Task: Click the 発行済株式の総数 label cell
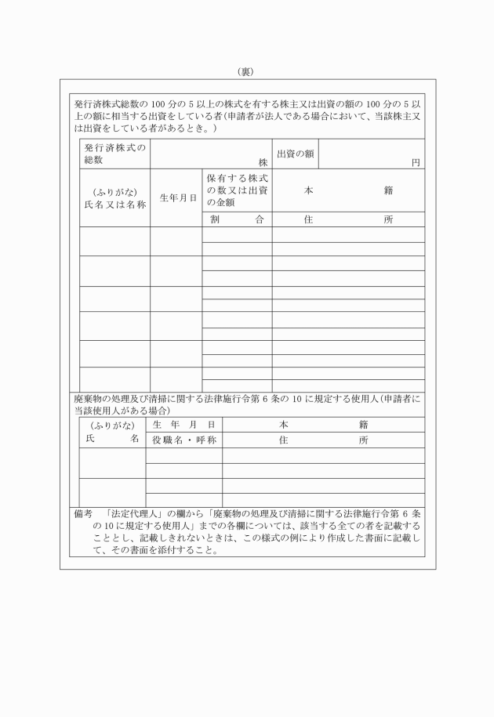(x=114, y=154)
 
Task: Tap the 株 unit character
(x=263, y=163)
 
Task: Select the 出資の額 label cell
(x=296, y=154)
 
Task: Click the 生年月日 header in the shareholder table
(x=176, y=197)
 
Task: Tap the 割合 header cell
(x=237, y=220)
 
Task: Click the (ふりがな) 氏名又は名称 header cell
(x=114, y=197)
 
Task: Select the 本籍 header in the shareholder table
(x=348, y=190)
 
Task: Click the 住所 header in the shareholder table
(x=348, y=220)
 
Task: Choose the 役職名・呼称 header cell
(x=183, y=440)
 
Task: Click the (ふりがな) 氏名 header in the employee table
(x=112, y=433)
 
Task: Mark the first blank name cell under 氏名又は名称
(x=114, y=241)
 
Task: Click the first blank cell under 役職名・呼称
(x=183, y=455)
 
